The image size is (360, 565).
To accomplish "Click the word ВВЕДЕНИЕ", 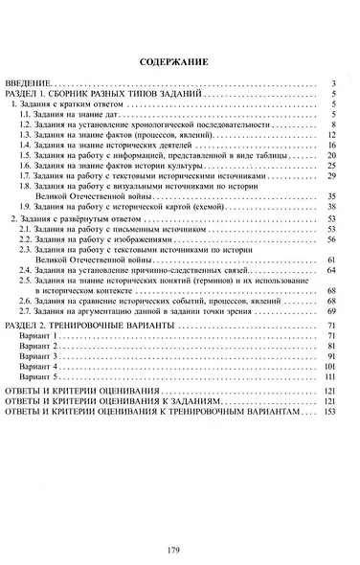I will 30,84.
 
